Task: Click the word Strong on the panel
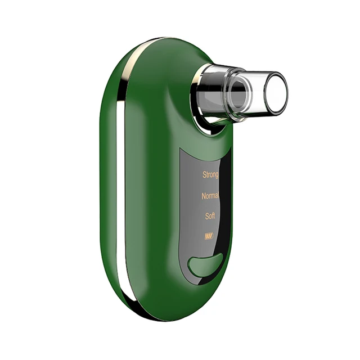[210, 175]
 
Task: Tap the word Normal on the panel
[210, 196]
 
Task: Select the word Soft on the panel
[210, 216]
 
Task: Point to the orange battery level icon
[209, 236]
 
